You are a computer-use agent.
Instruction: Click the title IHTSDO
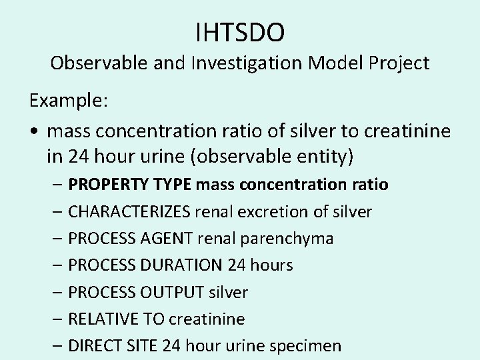[240, 31]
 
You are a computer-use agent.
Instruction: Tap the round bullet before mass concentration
[33, 131]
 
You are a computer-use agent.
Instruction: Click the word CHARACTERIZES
[129, 211]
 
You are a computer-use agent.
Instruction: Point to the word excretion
[258, 211]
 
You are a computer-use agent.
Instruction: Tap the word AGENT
[169, 238]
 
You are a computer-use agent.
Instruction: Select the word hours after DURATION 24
[271, 265]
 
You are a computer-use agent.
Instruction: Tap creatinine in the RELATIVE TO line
[207, 319]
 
